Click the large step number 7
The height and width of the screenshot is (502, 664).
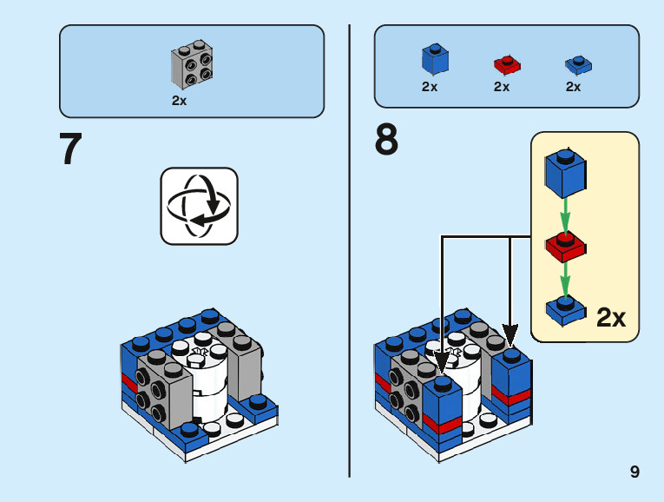71,149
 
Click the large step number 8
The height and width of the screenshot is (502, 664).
386,141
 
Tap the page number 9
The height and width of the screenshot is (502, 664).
635,472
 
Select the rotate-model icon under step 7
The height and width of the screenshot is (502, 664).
199,206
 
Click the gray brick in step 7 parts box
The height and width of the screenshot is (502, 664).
192,65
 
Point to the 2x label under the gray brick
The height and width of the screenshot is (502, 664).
180,100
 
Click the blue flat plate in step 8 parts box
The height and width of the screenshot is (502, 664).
576,64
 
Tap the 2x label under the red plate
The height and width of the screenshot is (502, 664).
502,87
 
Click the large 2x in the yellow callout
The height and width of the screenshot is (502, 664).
611,318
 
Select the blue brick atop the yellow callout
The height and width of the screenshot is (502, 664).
563,173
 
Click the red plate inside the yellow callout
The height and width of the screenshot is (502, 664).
565,247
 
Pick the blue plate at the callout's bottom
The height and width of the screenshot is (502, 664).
565,309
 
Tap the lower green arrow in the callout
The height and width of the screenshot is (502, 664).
565,278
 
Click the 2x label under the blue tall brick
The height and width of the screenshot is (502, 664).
430,87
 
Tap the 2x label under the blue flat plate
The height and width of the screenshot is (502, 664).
573,87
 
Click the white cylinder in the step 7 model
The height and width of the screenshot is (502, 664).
206,382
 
